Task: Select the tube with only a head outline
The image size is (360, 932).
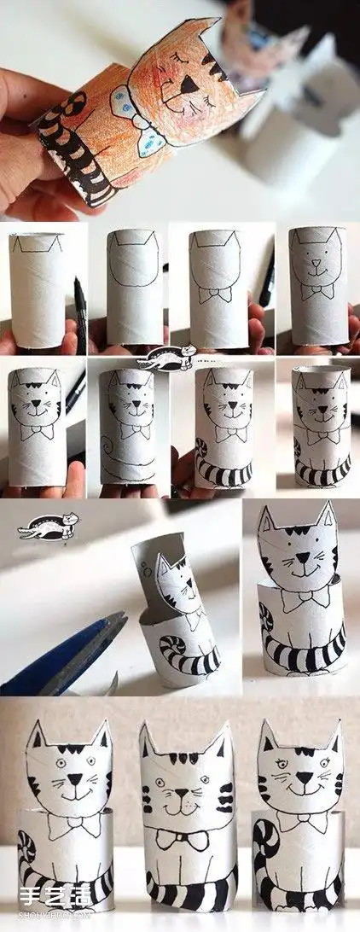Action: pyautogui.click(x=134, y=286)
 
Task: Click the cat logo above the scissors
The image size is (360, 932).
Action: pyautogui.click(x=48, y=526)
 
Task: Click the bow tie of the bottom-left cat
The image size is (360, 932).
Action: pyautogui.click(x=72, y=824)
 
